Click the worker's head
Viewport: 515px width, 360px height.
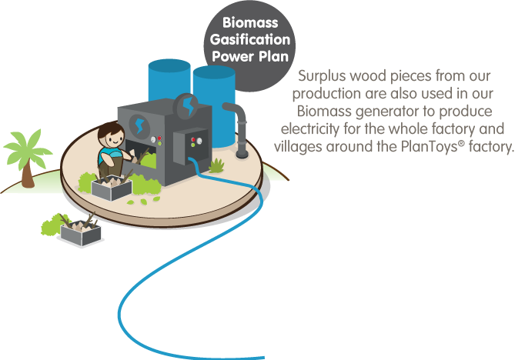(x=113, y=141)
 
